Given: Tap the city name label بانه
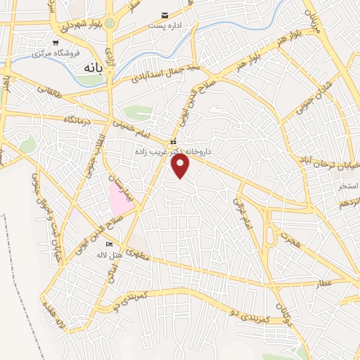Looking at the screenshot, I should point(97,68).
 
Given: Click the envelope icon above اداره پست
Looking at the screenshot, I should point(165,15).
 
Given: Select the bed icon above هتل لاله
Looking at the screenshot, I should point(108,244).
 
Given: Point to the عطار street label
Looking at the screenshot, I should point(326,282).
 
